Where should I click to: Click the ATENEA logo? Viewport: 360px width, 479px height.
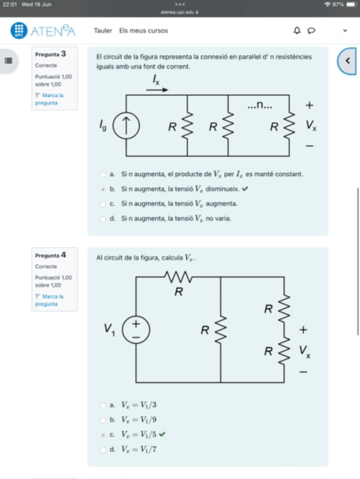click(x=43, y=31)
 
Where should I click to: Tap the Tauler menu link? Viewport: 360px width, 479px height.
click(x=102, y=31)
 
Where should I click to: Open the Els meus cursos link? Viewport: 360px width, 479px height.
click(x=143, y=31)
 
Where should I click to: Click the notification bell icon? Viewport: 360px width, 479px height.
click(x=297, y=31)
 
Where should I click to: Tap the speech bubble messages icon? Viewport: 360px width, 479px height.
click(x=310, y=31)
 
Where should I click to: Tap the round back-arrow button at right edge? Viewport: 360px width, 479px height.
click(x=348, y=60)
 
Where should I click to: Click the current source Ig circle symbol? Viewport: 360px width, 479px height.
click(x=125, y=127)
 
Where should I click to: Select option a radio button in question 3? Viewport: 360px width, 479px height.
click(x=103, y=175)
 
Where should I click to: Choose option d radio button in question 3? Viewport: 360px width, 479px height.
click(x=103, y=218)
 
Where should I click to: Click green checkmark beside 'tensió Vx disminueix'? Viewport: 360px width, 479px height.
click(x=245, y=189)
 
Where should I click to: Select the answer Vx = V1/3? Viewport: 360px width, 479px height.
click(x=103, y=405)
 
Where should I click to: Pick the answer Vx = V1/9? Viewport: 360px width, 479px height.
click(x=103, y=420)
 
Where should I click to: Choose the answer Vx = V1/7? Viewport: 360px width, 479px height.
click(x=103, y=450)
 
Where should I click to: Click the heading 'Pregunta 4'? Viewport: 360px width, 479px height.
click(x=51, y=255)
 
